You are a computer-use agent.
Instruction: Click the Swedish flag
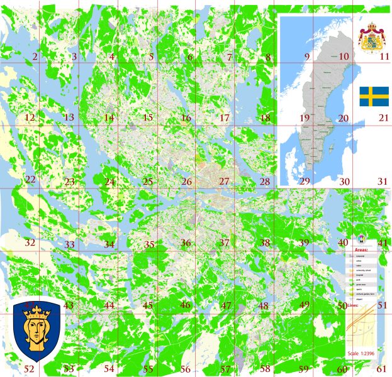point(374,97)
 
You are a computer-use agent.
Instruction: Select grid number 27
point(225,182)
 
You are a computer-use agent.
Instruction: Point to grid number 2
point(35,58)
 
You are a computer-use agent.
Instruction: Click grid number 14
point(109,118)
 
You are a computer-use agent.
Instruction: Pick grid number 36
point(186,243)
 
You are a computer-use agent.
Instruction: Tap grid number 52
point(29,369)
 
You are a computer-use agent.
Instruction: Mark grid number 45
point(148,305)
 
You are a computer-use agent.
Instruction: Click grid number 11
point(384,57)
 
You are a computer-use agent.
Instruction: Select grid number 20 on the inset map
point(343,118)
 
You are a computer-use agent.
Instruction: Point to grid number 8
point(269,58)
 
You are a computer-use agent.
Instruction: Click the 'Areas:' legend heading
point(357,249)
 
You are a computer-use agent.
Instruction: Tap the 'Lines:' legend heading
point(352,305)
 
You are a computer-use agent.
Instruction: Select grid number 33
point(69,244)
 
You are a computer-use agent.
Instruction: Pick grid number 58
point(266,369)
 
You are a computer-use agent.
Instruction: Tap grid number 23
point(69,182)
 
